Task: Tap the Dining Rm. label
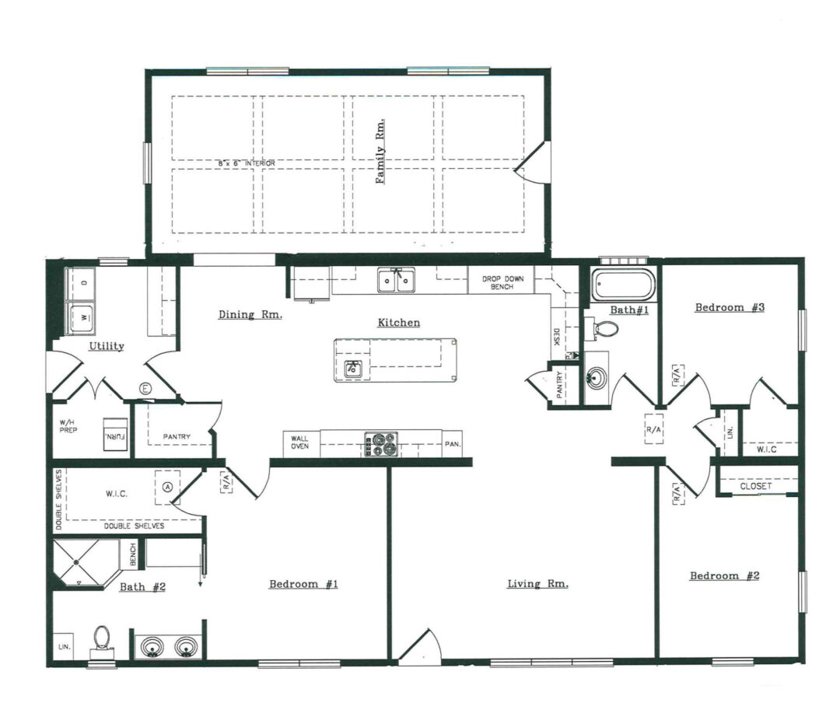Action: click(x=250, y=315)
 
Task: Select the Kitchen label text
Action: click(x=399, y=322)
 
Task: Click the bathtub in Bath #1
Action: click(x=623, y=285)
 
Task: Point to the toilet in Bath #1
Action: click(x=607, y=328)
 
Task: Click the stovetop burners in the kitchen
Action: click(x=380, y=444)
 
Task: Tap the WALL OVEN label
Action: click(x=300, y=442)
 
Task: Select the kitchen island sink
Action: click(x=353, y=368)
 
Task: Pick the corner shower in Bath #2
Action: click(x=82, y=562)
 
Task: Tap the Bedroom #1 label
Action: click(x=303, y=584)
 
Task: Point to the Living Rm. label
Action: click(x=537, y=583)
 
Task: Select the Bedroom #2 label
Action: click(x=725, y=575)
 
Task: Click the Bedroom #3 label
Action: click(x=730, y=307)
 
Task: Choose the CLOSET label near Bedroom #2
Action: click(x=756, y=486)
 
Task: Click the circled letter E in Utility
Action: click(x=144, y=388)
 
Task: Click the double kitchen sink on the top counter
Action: click(x=396, y=280)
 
